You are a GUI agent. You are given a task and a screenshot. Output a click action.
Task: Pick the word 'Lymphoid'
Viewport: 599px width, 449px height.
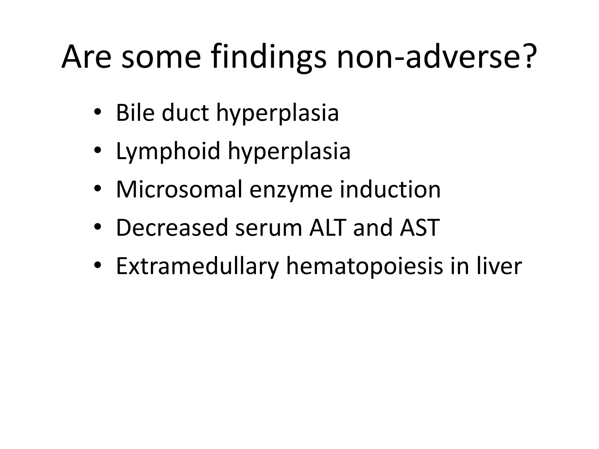[168, 151]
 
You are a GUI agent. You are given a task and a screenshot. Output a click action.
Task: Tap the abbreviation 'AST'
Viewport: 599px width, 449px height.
[420, 228]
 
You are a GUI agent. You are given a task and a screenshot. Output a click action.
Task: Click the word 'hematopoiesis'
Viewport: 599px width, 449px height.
[364, 267]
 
